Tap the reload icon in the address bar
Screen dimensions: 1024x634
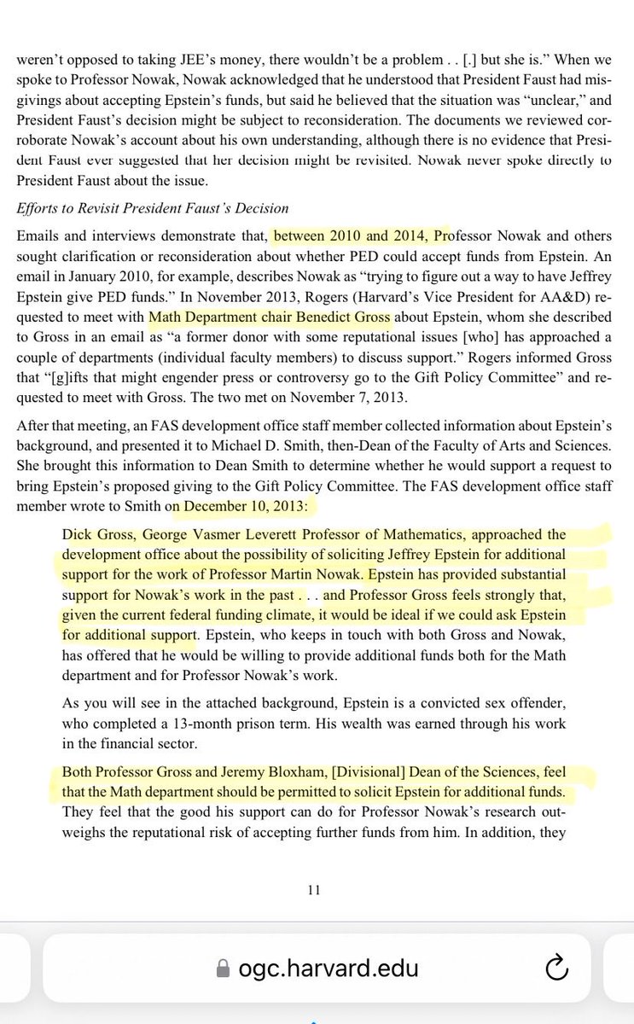tap(555, 968)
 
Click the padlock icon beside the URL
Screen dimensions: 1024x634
tap(224, 969)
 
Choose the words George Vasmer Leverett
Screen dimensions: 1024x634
tap(229, 535)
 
